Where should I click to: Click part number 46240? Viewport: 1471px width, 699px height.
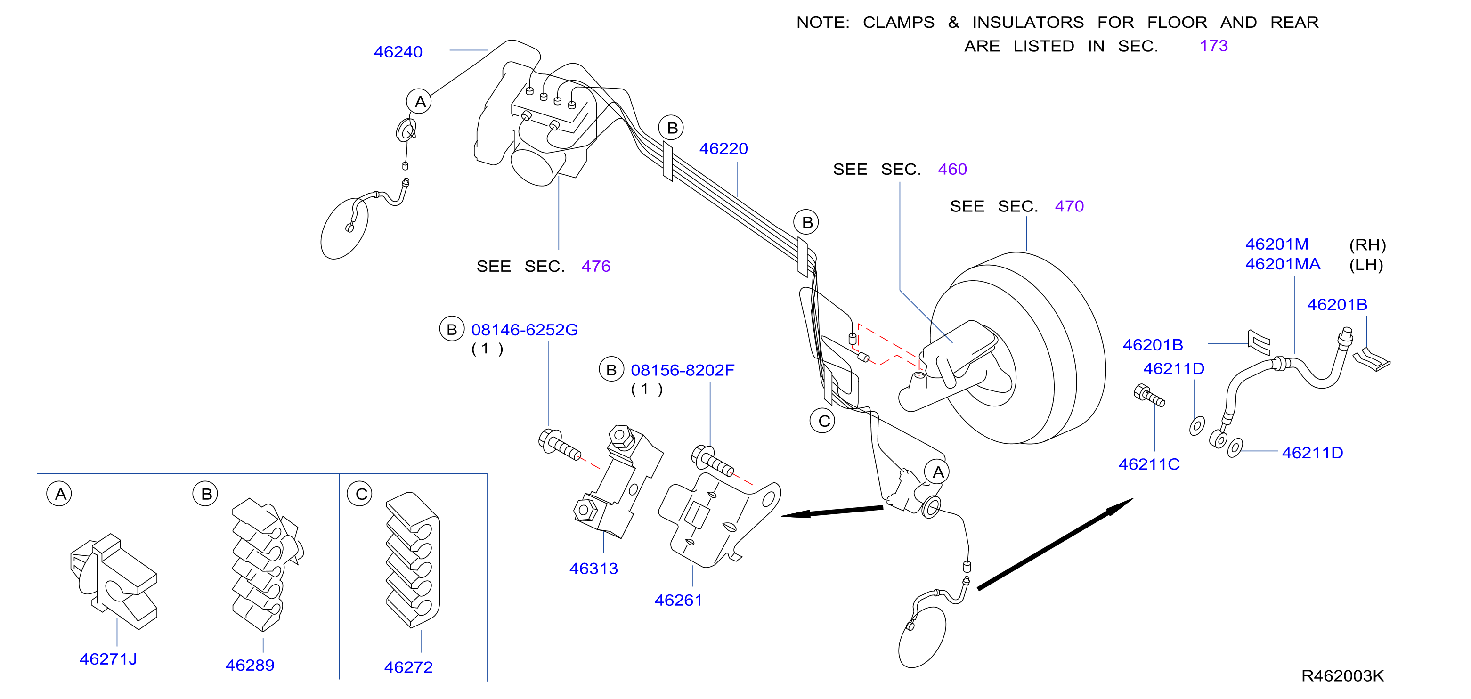point(398,52)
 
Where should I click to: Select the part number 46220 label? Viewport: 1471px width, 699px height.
point(723,148)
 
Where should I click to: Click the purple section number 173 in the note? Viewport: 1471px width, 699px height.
point(1213,46)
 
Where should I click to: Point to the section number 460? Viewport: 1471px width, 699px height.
point(952,169)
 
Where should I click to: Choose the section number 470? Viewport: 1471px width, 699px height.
point(1069,206)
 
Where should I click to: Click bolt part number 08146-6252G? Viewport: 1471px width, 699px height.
point(524,330)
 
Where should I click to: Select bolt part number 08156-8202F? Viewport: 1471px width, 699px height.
point(683,370)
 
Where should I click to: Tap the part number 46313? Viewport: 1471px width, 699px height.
point(593,569)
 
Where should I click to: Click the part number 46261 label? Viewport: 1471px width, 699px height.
point(678,600)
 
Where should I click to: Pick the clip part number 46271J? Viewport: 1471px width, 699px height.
point(108,659)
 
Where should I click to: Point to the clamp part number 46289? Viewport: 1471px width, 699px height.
point(250,665)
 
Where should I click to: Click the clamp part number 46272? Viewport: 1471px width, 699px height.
point(408,667)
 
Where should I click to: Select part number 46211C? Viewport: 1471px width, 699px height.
point(1149,464)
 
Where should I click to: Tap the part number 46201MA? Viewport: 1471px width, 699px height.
point(1283,264)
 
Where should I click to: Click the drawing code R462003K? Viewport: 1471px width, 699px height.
point(1342,676)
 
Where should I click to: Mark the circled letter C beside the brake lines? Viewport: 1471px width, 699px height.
point(823,421)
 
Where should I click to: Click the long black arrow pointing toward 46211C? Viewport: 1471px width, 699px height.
point(1055,544)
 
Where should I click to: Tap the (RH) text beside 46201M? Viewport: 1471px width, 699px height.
point(1367,245)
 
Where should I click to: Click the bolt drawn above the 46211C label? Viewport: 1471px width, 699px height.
point(1148,395)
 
